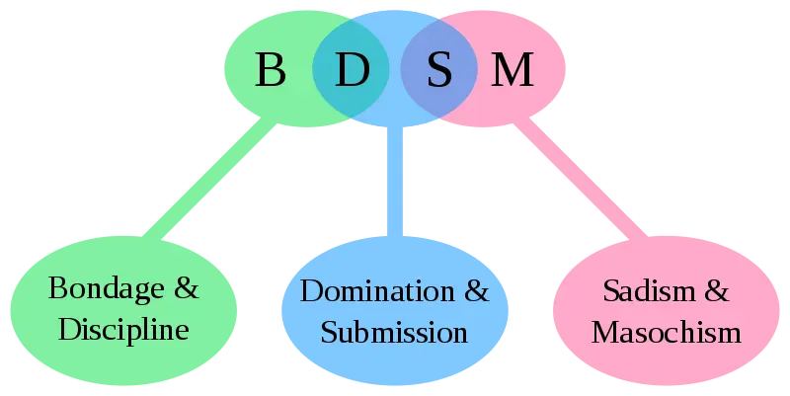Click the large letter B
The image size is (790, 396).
click(270, 69)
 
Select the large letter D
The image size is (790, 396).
click(351, 69)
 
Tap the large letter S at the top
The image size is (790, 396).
click(439, 69)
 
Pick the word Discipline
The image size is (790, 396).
click(123, 329)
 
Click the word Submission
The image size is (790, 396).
click(394, 331)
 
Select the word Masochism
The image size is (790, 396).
click(666, 331)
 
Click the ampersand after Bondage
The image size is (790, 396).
click(187, 289)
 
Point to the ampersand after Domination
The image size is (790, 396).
click(476, 291)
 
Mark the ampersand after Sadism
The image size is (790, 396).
click(716, 291)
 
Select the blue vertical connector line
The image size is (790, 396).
click(395, 183)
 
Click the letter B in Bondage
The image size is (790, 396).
click(56, 289)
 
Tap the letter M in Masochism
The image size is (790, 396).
click(605, 331)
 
